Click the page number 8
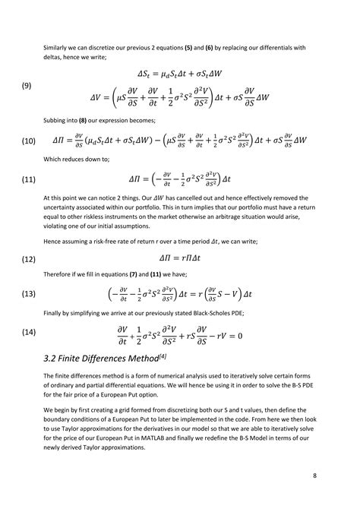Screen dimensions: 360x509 (314, 476)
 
